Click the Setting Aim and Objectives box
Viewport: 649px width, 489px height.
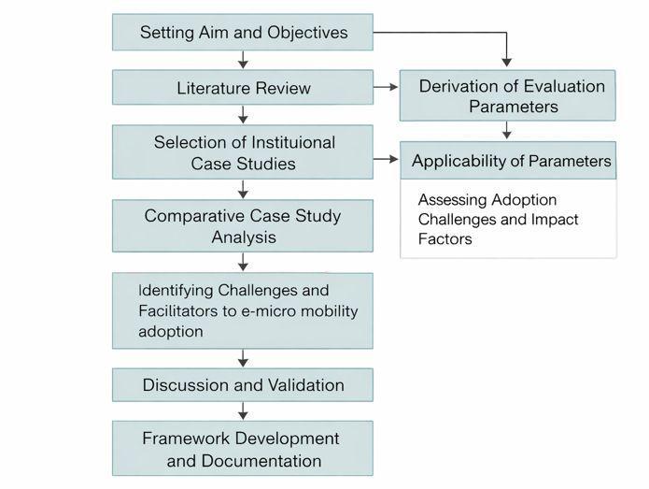[243, 33]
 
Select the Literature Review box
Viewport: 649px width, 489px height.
[243, 88]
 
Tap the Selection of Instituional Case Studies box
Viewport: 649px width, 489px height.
[243, 152]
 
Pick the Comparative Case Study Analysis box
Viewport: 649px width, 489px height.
[243, 225]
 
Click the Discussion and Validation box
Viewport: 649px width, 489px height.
[243, 385]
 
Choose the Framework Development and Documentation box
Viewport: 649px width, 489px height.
[243, 449]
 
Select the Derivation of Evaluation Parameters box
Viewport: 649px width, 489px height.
[508, 95]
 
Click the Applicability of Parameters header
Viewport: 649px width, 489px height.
[510, 161]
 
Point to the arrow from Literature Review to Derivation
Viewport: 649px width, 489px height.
[386, 88]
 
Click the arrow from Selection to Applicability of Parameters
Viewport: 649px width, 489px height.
[386, 160]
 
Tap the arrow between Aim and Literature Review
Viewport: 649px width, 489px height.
[243, 61]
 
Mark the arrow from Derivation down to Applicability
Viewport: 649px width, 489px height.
[507, 131]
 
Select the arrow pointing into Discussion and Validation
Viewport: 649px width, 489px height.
[243, 359]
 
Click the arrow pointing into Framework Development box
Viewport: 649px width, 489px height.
[243, 411]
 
